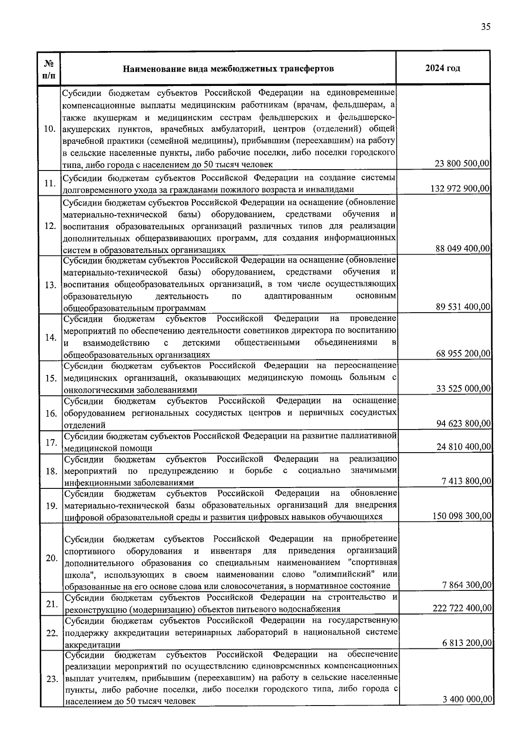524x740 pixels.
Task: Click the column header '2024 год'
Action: point(442,68)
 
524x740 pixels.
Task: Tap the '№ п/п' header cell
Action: point(49,69)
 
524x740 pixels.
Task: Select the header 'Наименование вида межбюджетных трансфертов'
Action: point(228,69)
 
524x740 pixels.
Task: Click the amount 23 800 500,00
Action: point(462,164)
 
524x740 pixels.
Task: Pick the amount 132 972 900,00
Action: point(460,189)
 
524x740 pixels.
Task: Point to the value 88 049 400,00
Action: point(463,249)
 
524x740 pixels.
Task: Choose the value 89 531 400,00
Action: point(463,307)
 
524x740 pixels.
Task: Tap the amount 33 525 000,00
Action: point(463,389)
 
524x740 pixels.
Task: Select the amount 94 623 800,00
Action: point(463,423)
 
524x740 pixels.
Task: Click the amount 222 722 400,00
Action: point(462,608)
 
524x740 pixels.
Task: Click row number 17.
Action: point(51,443)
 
